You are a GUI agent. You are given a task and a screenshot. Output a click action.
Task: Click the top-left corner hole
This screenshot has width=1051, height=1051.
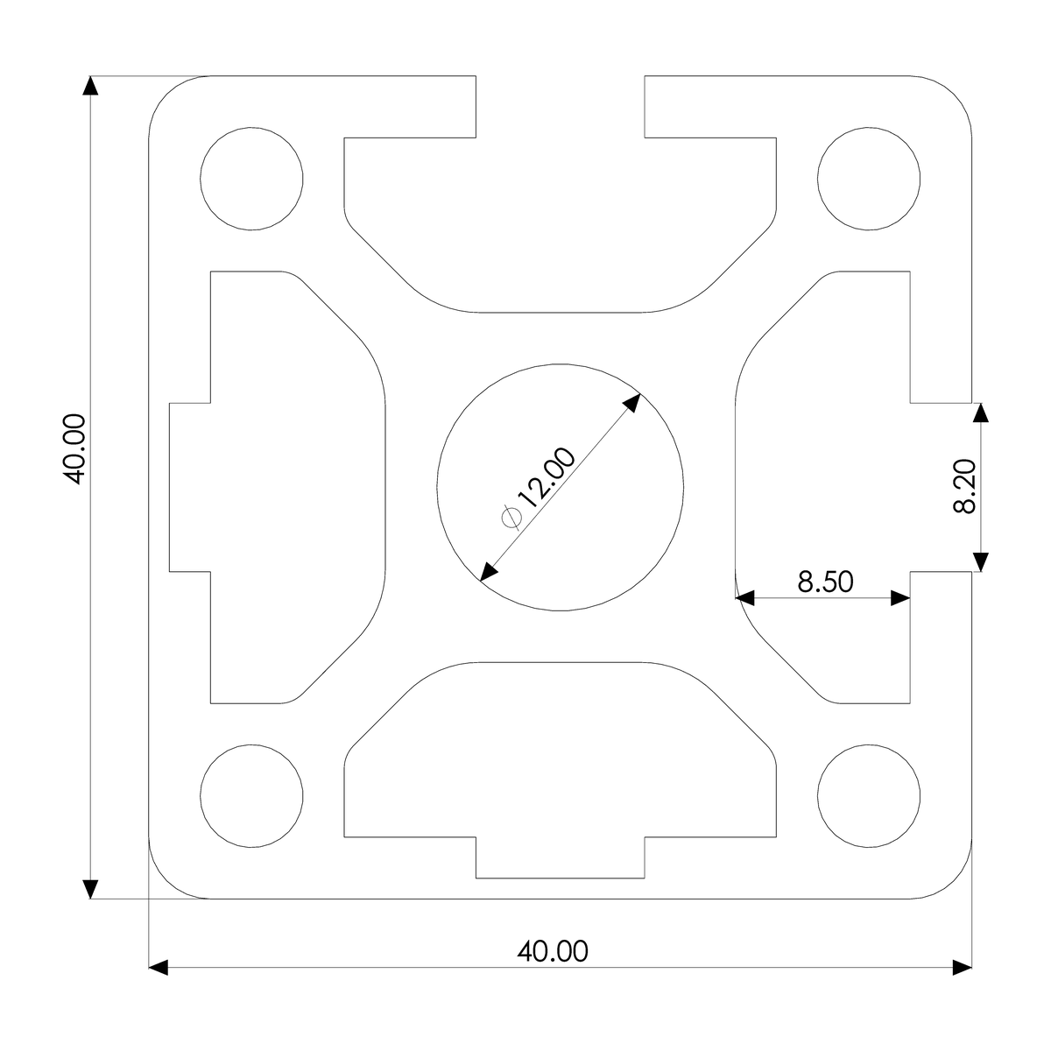(252, 179)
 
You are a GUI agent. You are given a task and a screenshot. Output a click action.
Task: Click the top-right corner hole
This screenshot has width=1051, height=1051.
(869, 179)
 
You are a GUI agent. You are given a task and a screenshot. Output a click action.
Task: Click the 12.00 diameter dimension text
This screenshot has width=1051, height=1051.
(547, 480)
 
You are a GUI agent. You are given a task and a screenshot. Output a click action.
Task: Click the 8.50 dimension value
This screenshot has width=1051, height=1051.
(825, 582)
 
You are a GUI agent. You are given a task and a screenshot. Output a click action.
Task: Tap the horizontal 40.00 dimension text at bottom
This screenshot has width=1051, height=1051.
(553, 951)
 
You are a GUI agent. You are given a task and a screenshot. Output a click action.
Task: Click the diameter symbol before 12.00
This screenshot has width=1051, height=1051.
(511, 518)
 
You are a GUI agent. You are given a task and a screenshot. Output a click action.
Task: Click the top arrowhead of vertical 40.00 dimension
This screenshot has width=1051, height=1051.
(89, 85)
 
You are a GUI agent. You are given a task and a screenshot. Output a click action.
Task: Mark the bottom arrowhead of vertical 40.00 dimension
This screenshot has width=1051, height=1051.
(89, 890)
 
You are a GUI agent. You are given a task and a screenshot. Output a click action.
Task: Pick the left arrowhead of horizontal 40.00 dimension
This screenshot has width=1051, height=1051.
(159, 968)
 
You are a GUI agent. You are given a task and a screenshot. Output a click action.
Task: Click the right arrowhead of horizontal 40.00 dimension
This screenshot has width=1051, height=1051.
(963, 968)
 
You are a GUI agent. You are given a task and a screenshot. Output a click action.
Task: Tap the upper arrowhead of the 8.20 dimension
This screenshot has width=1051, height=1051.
(981, 413)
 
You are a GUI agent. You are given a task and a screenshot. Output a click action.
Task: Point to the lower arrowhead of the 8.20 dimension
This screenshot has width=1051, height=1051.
(981, 562)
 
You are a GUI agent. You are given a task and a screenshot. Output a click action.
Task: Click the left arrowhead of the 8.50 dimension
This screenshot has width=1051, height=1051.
(745, 599)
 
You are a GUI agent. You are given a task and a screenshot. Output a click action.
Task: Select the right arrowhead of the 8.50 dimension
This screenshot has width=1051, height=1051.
(900, 599)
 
